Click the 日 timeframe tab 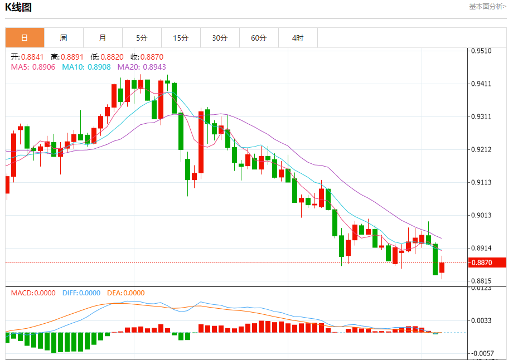point(25,38)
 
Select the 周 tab point(64,38)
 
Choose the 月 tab point(103,38)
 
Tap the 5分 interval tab point(142,38)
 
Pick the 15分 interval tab point(181,38)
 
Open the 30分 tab point(220,38)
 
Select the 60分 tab point(259,38)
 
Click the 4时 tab point(298,38)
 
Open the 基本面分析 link point(487,7)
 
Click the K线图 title point(18,7)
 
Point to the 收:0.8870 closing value point(147,57)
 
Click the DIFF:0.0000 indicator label point(81,293)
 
